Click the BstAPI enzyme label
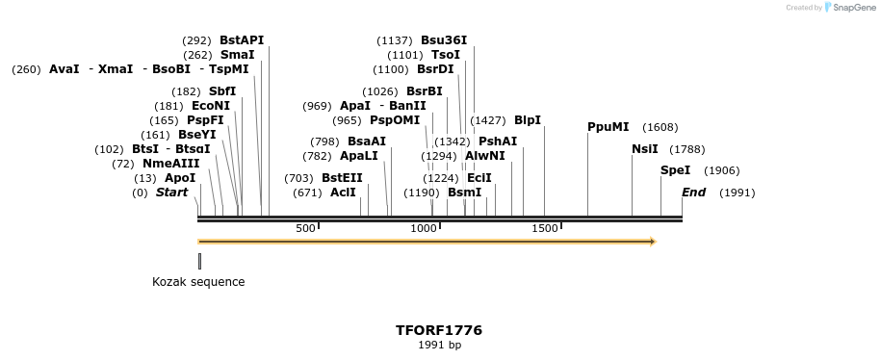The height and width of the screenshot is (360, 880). click(x=241, y=40)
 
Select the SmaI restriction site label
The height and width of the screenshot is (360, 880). click(x=237, y=55)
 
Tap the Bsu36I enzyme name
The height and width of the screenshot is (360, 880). click(x=444, y=40)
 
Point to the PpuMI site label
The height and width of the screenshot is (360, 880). click(x=608, y=127)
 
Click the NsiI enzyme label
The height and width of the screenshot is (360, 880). click(x=645, y=149)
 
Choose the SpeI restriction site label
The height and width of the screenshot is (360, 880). click(x=675, y=170)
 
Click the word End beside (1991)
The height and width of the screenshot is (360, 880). click(x=693, y=193)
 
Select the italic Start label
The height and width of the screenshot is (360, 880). click(x=171, y=193)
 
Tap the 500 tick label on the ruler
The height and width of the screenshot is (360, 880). click(x=305, y=228)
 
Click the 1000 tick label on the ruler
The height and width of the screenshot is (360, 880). click(x=424, y=228)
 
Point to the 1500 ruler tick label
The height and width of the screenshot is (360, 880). click(x=545, y=228)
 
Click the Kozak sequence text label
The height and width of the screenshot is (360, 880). click(x=198, y=282)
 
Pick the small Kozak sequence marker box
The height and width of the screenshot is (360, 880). click(x=199, y=261)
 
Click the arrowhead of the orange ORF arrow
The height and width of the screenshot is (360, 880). click(x=653, y=242)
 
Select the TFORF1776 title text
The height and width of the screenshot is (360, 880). click(x=439, y=330)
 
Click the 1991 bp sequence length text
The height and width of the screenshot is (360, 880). click(x=439, y=345)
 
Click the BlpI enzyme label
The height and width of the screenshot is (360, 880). click(x=528, y=120)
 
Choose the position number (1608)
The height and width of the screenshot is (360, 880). click(x=660, y=127)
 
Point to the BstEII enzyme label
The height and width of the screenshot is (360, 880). click(x=342, y=178)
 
